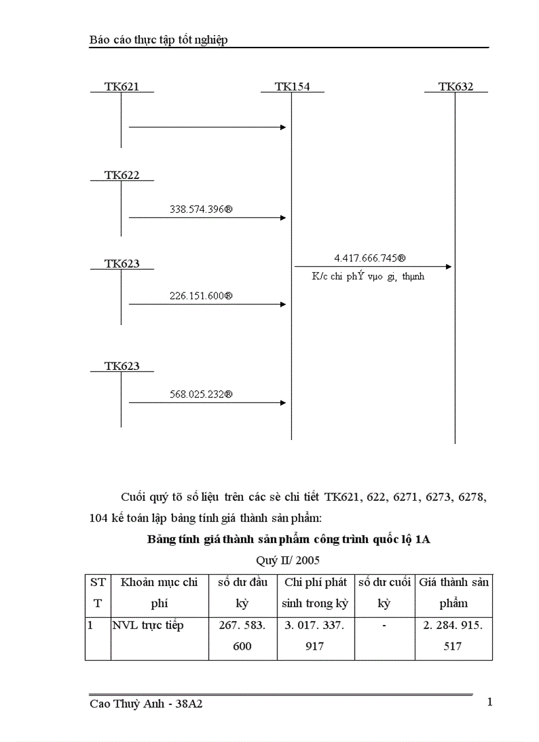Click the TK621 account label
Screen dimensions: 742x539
(122, 87)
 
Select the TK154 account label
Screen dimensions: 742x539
(292, 87)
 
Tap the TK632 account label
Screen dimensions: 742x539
(456, 87)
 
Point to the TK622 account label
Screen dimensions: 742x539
(122, 175)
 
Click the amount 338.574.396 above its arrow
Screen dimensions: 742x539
(201, 209)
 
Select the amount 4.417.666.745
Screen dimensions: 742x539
(370, 258)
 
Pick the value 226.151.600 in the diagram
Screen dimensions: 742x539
(201, 296)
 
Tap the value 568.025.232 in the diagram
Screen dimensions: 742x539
(201, 394)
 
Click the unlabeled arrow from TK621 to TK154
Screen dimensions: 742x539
(207, 127)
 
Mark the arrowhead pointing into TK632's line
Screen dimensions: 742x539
(449, 267)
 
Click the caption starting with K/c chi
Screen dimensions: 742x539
(368, 277)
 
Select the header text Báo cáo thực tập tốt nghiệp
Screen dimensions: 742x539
(159, 40)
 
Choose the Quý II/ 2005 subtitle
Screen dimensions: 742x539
(287, 560)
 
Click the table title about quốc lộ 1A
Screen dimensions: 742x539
(288, 540)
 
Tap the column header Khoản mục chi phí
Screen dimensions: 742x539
(159, 593)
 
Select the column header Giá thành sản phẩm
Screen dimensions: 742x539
(454, 593)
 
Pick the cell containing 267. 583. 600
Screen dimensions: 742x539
(242, 636)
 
